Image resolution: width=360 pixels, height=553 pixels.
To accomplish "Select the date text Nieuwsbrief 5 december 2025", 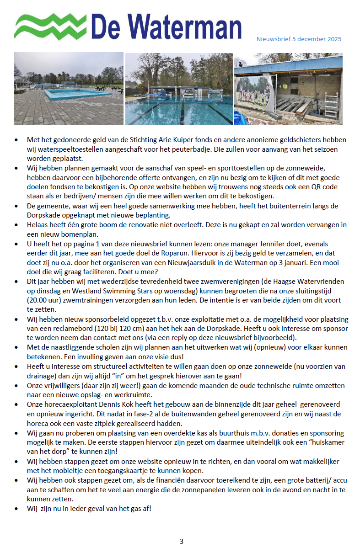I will [x=299, y=39].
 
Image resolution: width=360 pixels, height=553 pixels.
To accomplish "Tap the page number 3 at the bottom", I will [x=181, y=542].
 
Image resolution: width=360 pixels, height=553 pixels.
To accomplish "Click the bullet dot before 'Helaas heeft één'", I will [x=17, y=225].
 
